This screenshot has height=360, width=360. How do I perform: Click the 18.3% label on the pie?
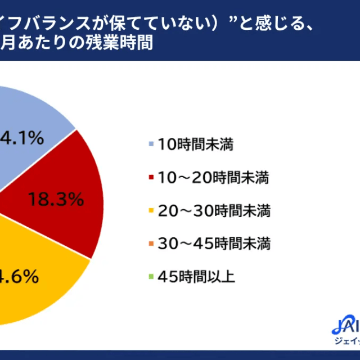click(55, 199)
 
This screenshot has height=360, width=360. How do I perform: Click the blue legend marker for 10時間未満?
click(151, 146)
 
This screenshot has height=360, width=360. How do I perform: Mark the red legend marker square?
click(151, 179)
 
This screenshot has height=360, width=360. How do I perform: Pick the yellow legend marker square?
click(151, 211)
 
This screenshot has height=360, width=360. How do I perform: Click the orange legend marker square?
click(151, 244)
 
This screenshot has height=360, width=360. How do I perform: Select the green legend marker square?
click(151, 277)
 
